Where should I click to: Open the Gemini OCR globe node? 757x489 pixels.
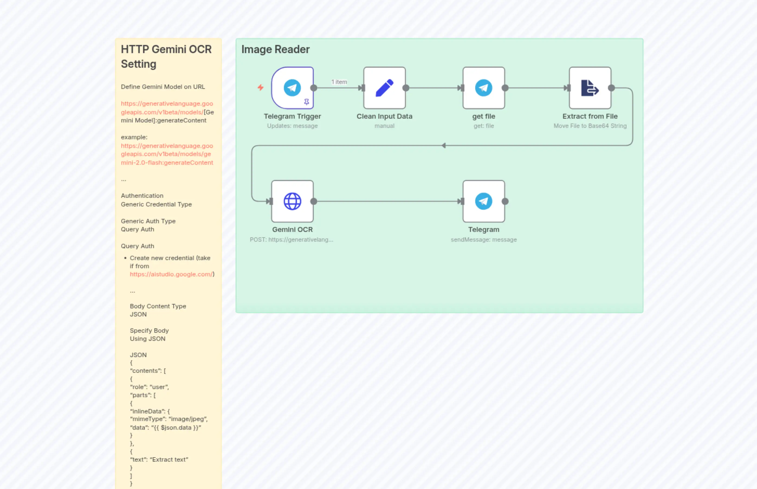(x=292, y=201)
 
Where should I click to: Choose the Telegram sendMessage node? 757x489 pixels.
(x=483, y=201)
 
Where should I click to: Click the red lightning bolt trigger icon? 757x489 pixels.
(x=260, y=87)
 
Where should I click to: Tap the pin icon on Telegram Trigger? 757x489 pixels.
(x=306, y=102)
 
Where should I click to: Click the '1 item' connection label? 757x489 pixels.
(x=339, y=82)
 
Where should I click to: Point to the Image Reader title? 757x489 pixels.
(x=275, y=50)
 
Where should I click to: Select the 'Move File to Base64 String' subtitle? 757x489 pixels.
(x=590, y=126)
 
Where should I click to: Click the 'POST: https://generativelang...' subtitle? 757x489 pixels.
(x=291, y=240)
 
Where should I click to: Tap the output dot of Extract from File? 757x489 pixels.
(x=611, y=88)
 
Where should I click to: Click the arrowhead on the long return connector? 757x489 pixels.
(x=444, y=145)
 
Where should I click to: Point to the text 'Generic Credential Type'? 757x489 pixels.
(x=156, y=205)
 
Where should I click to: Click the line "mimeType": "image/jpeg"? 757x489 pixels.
(x=169, y=419)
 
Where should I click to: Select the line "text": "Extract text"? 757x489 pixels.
(x=159, y=459)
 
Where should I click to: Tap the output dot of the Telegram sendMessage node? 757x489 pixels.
(x=505, y=201)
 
